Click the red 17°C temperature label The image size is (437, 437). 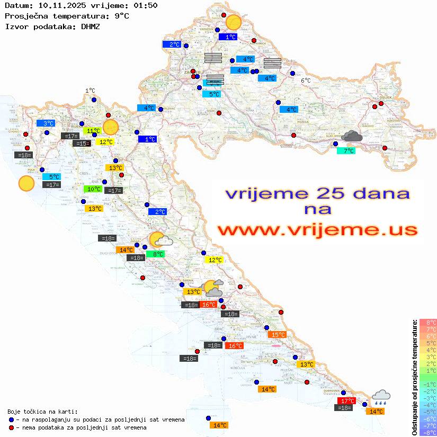click(x=346, y=401)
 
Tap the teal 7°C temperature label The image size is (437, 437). click(x=346, y=151)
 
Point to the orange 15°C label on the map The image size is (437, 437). click(x=278, y=335)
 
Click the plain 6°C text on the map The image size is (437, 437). click(x=306, y=81)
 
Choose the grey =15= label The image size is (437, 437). click(x=82, y=144)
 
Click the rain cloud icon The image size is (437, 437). click(x=381, y=397)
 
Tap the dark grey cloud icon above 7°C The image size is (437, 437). click(x=352, y=137)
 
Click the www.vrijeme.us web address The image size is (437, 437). click(x=317, y=230)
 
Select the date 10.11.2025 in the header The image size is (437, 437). click(x=58, y=5)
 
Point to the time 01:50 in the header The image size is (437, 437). click(x=145, y=5)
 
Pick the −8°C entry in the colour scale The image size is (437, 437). click(x=428, y=432)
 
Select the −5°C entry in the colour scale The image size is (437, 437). click(x=428, y=412)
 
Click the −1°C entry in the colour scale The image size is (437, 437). click(x=428, y=384)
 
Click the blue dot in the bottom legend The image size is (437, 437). click(x=12, y=420)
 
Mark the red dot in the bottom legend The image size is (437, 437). click(x=12, y=427)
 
